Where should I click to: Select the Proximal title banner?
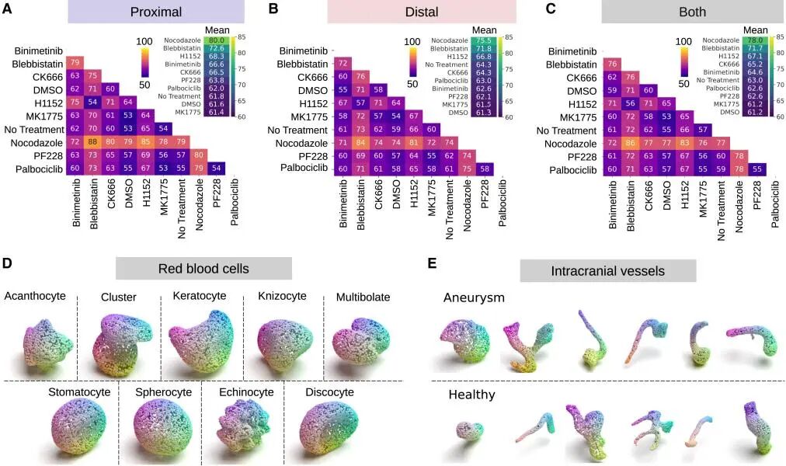[156, 12]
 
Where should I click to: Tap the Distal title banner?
[422, 12]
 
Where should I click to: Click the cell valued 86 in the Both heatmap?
[630, 144]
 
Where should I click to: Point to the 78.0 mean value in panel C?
[753, 40]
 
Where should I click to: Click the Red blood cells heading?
[203, 269]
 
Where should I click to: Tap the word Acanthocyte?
[34, 296]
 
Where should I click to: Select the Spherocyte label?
[162, 392]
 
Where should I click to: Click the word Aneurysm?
[474, 298]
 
